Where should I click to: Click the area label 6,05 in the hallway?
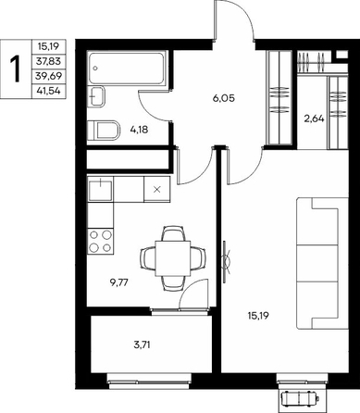point(224,98)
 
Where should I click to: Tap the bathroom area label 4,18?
point(139,130)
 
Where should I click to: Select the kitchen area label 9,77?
point(118,282)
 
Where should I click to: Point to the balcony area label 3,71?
point(142,344)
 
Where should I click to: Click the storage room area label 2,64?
point(314,119)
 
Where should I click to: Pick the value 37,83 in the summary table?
point(48,61)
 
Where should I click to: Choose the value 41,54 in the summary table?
point(48,91)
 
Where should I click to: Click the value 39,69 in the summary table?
point(48,76)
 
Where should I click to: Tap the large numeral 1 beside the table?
point(16,69)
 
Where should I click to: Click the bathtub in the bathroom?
point(127,68)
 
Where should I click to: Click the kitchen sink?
point(100,189)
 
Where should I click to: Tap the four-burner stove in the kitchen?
point(100,242)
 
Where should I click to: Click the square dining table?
point(173,258)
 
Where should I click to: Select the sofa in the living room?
point(322,264)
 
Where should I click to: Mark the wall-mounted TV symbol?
point(226,261)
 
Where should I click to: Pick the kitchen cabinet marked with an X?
point(157,189)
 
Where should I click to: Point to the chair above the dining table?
point(173,233)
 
